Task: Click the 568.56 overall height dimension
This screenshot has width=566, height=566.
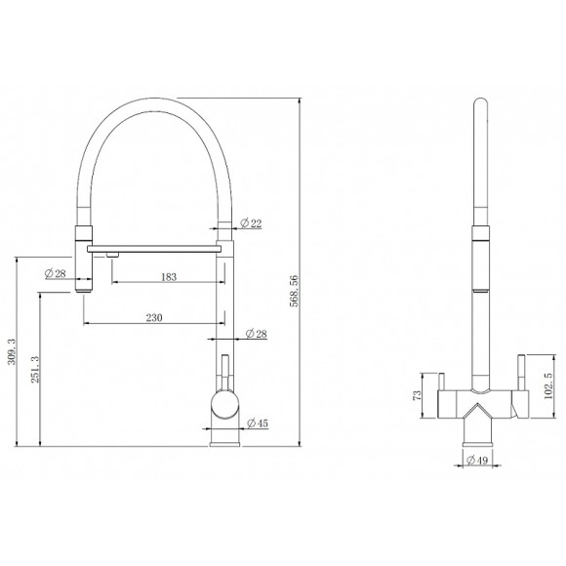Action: click(x=295, y=291)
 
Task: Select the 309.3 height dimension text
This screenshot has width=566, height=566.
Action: click(x=12, y=351)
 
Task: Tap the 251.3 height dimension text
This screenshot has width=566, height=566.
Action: click(x=35, y=369)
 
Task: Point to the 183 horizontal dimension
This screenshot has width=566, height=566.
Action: click(x=169, y=277)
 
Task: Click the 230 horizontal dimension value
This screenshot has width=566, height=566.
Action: click(x=154, y=318)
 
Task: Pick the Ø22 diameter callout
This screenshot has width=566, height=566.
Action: click(x=251, y=223)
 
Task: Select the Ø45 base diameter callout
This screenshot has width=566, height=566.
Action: click(x=258, y=423)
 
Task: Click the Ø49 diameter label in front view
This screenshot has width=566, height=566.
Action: click(x=477, y=461)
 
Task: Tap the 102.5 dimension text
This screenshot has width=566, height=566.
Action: click(x=548, y=385)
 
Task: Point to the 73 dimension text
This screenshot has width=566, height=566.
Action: click(x=417, y=395)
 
